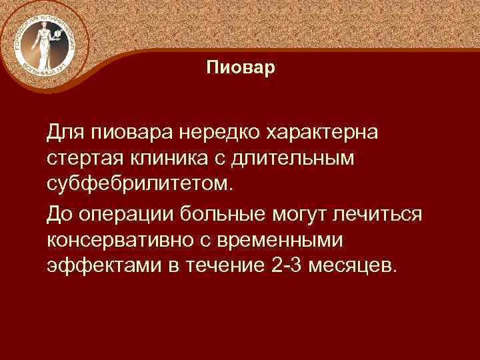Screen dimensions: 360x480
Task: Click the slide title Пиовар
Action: click(x=240, y=68)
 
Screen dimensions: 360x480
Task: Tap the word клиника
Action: click(x=159, y=159)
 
